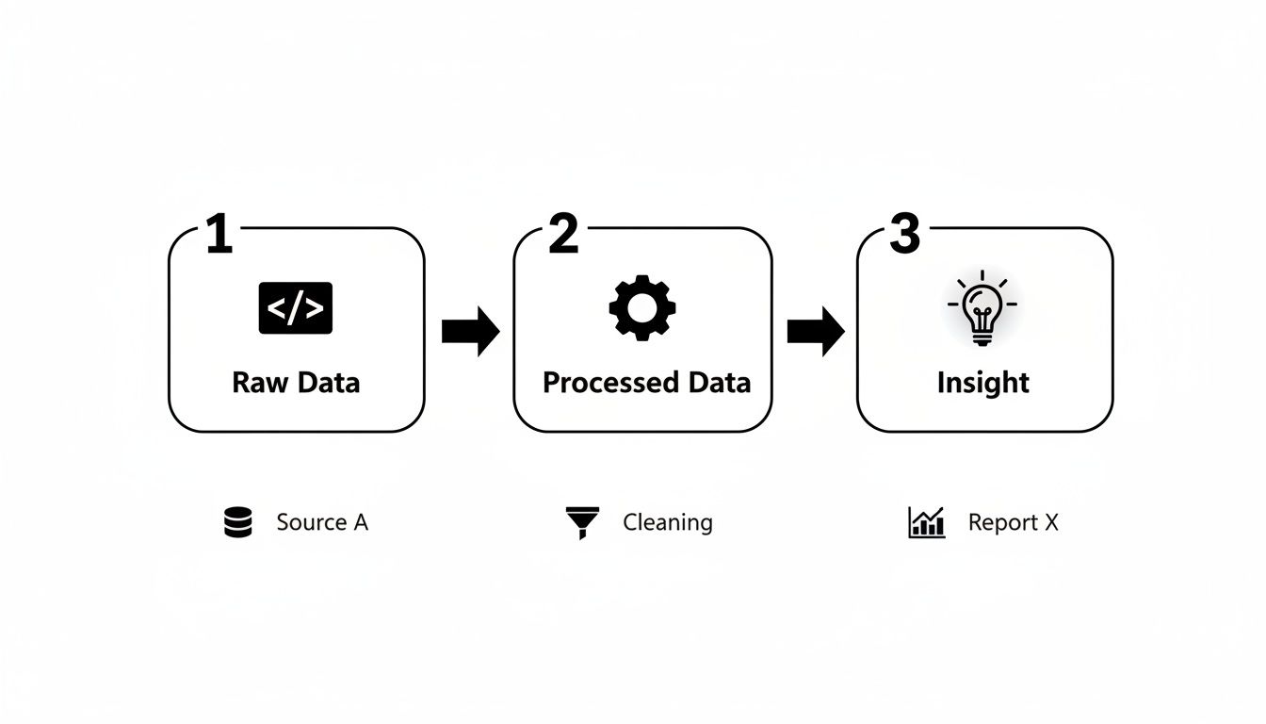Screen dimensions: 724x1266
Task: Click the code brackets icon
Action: click(x=295, y=308)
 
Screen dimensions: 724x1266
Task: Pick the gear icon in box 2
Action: click(x=642, y=307)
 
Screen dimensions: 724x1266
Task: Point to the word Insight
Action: click(x=983, y=383)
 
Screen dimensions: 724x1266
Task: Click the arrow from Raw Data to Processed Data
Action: click(x=470, y=331)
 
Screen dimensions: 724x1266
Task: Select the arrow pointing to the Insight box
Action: click(x=816, y=331)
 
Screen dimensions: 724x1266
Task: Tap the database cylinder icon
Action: click(x=238, y=522)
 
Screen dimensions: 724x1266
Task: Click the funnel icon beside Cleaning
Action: click(x=582, y=522)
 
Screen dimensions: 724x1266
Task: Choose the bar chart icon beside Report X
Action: click(x=926, y=522)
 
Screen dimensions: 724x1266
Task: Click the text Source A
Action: click(x=322, y=522)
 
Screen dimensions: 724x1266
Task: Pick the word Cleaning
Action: click(x=667, y=522)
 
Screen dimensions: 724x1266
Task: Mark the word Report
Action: click(x=1002, y=522)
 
